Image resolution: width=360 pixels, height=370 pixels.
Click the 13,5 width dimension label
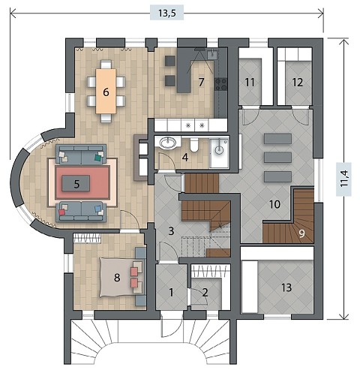pyautogui.click(x=166, y=14)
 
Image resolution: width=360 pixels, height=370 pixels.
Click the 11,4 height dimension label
pyautogui.click(x=344, y=179)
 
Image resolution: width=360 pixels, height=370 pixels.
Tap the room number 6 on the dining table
pyautogui.click(x=106, y=92)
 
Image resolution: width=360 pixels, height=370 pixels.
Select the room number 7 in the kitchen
pyautogui.click(x=201, y=82)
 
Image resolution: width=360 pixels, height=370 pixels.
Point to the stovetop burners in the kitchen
pyautogui.click(x=221, y=84)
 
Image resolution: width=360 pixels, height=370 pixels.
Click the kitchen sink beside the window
pyautogui.click(x=213, y=54)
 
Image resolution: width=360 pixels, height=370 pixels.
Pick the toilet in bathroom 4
pyautogui.click(x=194, y=146)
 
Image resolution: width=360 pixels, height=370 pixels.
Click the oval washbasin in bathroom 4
pyautogui.click(x=167, y=143)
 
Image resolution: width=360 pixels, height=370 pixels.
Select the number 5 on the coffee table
pyautogui.click(x=76, y=184)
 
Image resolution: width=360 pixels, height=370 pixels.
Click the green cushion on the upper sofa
pyautogui.click(x=97, y=158)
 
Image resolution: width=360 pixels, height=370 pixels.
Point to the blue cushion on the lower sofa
pyautogui.click(x=97, y=208)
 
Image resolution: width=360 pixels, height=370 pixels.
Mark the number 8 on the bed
pyautogui.click(x=117, y=278)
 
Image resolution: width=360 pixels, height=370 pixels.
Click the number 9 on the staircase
pyautogui.click(x=302, y=233)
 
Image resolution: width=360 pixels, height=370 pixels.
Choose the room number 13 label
pyautogui.click(x=286, y=287)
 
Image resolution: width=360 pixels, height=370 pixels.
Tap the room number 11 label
pyautogui.click(x=250, y=82)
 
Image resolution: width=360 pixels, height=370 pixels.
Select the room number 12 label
pyautogui.click(x=298, y=82)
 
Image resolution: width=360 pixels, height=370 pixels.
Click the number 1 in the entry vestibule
pyautogui.click(x=171, y=292)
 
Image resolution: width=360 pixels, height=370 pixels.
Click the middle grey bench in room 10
pyautogui.click(x=277, y=158)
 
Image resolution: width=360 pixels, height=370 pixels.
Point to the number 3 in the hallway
pyautogui.click(x=171, y=231)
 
